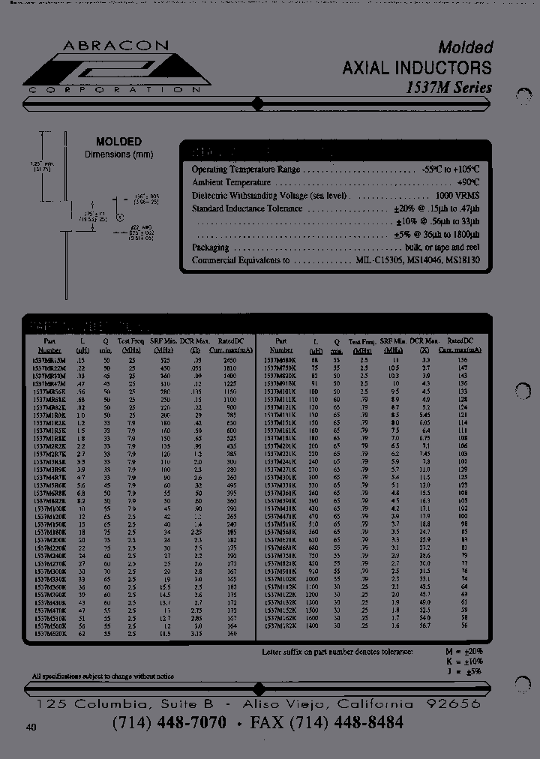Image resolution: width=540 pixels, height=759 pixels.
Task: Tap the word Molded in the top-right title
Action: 465,47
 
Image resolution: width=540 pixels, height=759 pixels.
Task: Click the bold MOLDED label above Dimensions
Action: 118,142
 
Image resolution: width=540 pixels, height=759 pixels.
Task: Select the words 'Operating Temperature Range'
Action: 246,169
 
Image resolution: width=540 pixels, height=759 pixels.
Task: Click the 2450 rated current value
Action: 229,360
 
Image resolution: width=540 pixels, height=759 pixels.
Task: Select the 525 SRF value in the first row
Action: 165,360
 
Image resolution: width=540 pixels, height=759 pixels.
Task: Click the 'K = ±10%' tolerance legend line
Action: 464,661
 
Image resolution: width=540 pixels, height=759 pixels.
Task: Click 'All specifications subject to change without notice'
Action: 103,676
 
